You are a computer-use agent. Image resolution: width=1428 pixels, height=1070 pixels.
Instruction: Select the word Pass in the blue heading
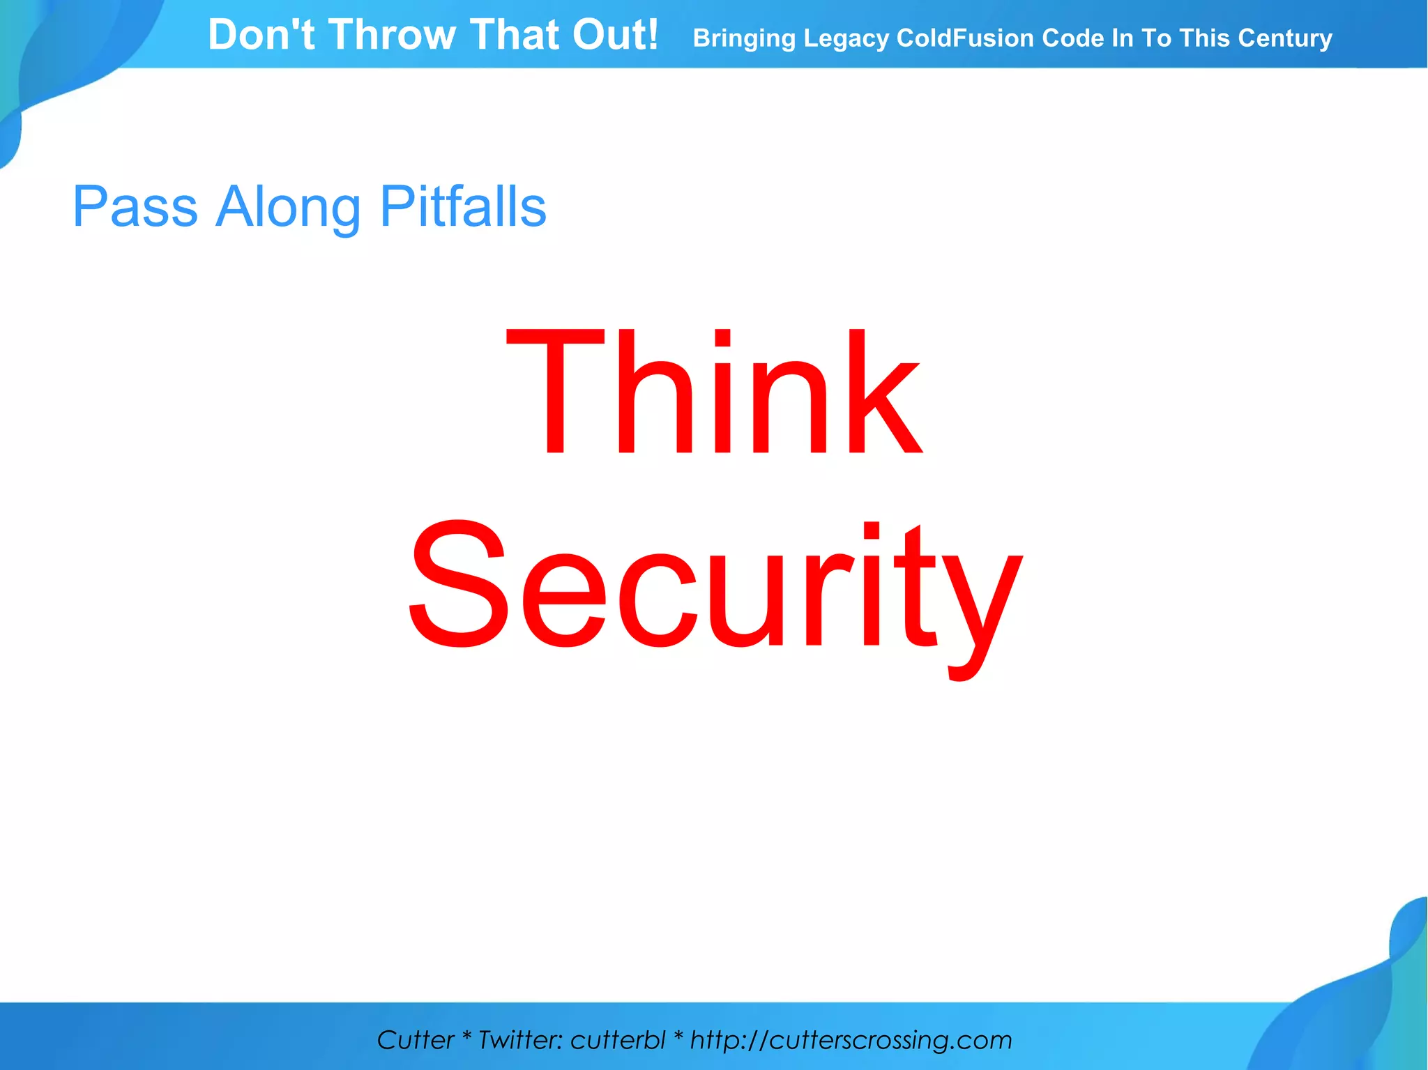click(135, 206)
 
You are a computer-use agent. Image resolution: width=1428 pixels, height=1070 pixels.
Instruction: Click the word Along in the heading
click(287, 208)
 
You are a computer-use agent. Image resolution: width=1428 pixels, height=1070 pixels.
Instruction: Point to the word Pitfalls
click(463, 206)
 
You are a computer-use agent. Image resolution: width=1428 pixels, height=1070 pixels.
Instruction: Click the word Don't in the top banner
click(261, 35)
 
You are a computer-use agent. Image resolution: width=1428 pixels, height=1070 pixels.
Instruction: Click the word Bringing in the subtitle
click(743, 39)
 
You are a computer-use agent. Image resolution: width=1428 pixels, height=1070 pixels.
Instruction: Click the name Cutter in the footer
click(415, 1040)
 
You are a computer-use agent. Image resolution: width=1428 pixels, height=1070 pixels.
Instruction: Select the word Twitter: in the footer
click(520, 1040)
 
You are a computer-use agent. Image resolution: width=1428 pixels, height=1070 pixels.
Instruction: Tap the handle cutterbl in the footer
click(618, 1040)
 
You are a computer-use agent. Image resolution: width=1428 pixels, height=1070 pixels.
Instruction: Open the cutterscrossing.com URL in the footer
click(851, 1040)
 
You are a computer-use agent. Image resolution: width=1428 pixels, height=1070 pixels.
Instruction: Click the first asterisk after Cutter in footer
click(466, 1039)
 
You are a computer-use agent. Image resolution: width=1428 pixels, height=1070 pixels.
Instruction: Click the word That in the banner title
click(513, 35)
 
